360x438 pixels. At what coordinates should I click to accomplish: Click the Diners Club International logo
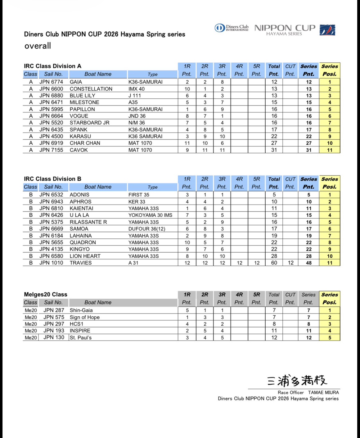[232, 28]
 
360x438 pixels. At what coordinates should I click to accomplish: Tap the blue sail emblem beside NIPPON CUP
[327, 30]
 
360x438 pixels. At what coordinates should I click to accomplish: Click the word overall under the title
[38, 46]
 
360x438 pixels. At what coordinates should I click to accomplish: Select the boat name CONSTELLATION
[91, 89]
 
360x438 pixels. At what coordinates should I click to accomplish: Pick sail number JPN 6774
[51, 82]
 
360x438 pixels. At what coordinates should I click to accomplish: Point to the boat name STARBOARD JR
[89, 123]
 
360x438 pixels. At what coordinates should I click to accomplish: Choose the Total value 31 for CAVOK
[274, 150]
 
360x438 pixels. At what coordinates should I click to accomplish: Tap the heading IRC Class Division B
[52, 179]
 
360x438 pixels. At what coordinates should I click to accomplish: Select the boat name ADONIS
[79, 195]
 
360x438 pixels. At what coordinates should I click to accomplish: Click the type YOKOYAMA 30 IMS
[150, 215]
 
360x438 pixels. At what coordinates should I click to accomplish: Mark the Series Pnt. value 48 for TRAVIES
[309, 263]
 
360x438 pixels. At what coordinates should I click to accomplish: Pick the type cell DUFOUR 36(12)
[147, 229]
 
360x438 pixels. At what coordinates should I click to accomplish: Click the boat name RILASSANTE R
[88, 222]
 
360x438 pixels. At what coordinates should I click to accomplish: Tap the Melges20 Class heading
[46, 294]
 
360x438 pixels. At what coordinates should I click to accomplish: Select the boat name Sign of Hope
[85, 317]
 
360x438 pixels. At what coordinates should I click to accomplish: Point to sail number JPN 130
[54, 337]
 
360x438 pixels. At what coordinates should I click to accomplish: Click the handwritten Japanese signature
[297, 381]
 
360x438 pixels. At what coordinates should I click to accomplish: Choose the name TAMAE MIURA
[323, 392]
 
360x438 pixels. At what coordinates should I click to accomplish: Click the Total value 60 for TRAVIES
[274, 263]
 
